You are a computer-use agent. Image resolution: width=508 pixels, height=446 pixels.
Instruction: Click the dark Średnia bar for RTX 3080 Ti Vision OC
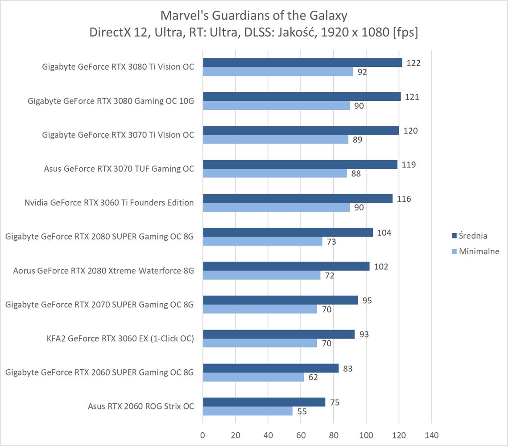302,63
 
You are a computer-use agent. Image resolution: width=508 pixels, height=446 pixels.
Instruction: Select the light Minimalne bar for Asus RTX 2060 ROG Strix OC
248,411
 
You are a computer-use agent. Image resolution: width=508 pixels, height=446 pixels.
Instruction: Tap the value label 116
404,198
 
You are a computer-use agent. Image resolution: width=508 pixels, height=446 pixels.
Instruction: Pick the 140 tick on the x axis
432,435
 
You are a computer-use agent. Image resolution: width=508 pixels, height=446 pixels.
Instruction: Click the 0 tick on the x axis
203,435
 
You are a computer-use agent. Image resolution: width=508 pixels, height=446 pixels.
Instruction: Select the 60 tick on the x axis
301,435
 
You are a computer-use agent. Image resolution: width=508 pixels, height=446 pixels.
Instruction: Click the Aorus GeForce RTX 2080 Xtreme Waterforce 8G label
103,270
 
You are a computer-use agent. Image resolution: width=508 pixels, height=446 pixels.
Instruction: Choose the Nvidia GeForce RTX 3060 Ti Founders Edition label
109,202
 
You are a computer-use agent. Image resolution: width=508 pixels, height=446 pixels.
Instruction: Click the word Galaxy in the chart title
327,16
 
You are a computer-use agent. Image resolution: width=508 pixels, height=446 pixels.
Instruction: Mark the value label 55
302,411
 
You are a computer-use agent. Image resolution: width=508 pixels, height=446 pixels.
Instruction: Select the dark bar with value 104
288,232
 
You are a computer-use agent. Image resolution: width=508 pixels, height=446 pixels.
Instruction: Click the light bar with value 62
253,377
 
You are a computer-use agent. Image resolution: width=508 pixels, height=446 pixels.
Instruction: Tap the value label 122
413,63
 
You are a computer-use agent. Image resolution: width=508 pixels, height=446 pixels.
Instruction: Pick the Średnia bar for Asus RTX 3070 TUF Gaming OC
300,165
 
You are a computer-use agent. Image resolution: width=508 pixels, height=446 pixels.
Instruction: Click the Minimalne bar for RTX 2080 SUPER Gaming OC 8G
263,241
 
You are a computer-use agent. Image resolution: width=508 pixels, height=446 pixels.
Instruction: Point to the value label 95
367,300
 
